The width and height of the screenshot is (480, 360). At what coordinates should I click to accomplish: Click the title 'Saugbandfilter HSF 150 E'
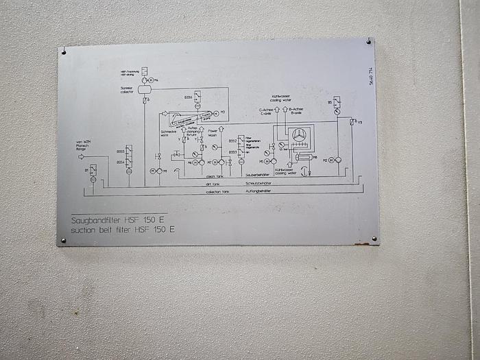pos(121,221)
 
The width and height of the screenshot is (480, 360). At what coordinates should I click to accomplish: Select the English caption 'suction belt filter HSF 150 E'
pos(123,230)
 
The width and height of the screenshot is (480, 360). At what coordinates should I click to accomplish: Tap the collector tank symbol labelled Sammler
pos(145,89)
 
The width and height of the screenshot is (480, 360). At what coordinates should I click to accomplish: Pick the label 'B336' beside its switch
pos(188,97)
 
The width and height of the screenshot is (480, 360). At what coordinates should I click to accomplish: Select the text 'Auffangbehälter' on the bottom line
pos(258,191)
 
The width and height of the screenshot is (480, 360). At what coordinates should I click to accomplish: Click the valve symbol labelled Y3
pos(351,122)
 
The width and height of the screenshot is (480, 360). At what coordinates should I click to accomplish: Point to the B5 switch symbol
pos(337,102)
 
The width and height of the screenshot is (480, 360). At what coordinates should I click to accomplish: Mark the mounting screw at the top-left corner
pos(63,51)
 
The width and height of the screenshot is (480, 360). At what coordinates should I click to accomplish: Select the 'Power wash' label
pos(213,132)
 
